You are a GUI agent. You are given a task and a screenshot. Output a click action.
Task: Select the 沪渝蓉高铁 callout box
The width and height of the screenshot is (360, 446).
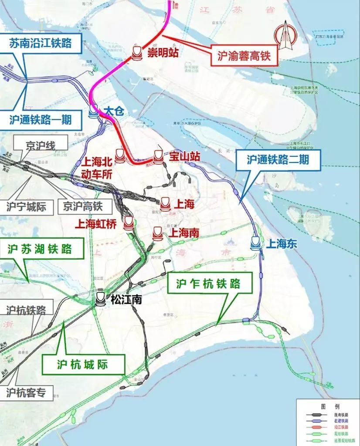pyautogui.click(x=244, y=56)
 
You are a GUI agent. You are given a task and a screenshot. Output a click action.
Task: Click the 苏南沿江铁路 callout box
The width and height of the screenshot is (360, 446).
pyautogui.click(x=40, y=44)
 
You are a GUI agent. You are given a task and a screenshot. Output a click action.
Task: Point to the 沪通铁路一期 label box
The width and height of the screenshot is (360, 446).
pyautogui.click(x=40, y=119)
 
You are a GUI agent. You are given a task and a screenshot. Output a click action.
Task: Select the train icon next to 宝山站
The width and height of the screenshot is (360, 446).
pyautogui.click(x=158, y=156)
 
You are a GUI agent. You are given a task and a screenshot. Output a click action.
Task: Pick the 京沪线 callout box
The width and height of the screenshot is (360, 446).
pyautogui.click(x=41, y=146)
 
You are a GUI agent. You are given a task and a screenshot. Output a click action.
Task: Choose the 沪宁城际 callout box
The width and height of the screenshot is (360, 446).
pyautogui.click(x=26, y=206)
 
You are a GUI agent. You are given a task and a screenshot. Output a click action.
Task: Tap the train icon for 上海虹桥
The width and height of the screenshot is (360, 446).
pyautogui.click(x=129, y=223)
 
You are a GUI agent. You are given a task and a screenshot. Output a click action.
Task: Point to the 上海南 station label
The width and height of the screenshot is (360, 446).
pyautogui.click(x=183, y=233)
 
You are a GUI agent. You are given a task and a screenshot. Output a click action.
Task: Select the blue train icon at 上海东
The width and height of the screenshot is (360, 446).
pyautogui.click(x=256, y=243)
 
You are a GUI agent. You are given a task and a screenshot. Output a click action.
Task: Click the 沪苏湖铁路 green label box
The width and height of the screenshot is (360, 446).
pyautogui.click(x=40, y=249)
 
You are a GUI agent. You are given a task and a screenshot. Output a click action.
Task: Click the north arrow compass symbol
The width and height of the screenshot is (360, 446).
pyautogui.click(x=284, y=35)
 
